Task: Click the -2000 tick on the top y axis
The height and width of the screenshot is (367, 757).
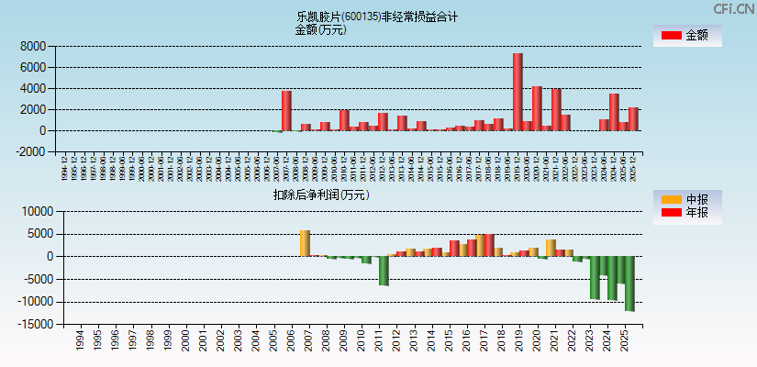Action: [x=31, y=152]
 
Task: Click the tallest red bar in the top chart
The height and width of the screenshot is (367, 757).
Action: [x=518, y=92]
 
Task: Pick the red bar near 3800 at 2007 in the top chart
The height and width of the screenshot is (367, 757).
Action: [x=286, y=110]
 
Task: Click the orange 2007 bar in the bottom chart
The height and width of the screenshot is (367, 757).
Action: [x=305, y=243]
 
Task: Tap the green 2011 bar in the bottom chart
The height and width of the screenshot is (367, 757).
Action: [x=384, y=271]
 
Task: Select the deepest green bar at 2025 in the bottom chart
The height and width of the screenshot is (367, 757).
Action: [x=629, y=284]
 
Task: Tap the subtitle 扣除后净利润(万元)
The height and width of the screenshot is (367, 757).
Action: [x=320, y=195]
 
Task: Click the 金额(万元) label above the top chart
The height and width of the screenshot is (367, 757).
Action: [x=320, y=29]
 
